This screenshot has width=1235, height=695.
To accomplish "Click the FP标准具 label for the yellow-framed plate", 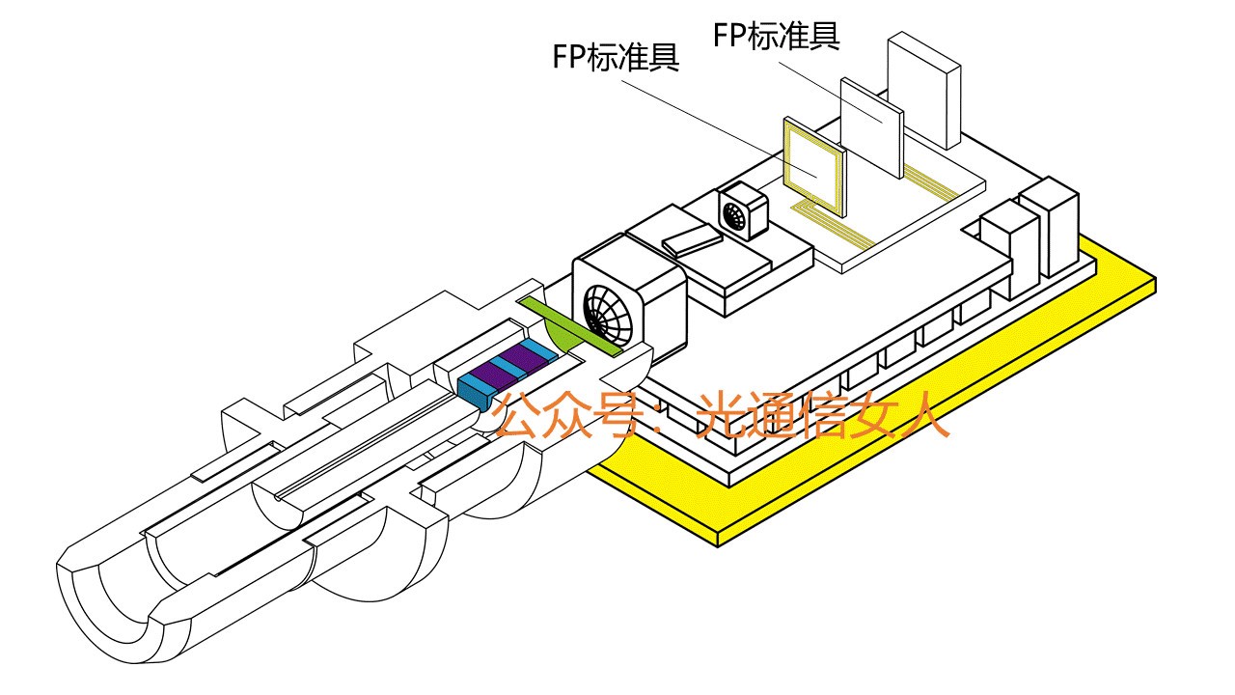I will (x=616, y=57).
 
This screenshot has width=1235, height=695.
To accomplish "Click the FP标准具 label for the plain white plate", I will (x=777, y=35).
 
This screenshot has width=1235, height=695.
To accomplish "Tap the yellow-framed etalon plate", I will (x=811, y=166).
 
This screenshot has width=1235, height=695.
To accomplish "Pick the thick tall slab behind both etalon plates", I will (x=923, y=89).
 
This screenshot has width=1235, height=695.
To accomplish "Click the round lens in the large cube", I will (x=612, y=312).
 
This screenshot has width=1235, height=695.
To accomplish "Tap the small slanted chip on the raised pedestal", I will (x=692, y=238).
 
